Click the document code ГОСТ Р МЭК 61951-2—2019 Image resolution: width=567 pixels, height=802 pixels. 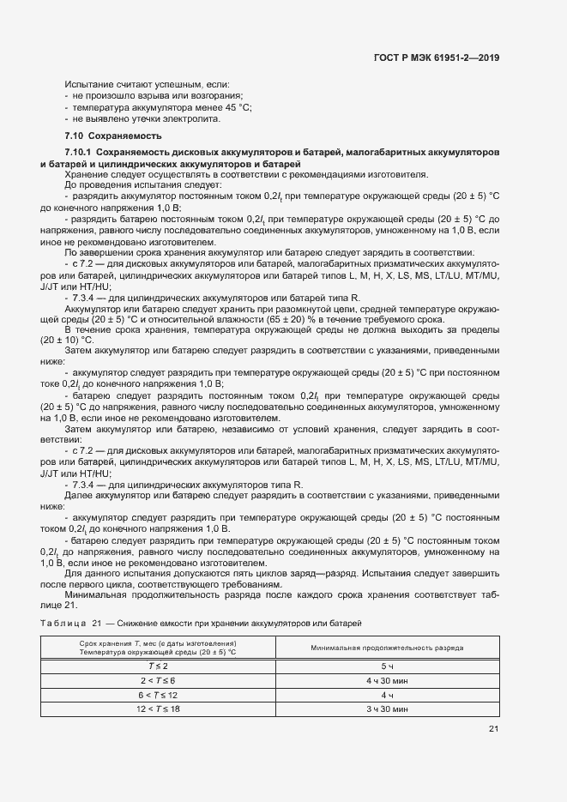[x=437, y=57]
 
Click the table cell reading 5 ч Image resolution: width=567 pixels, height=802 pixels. [x=387, y=666]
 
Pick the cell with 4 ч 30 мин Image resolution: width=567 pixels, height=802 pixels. [x=387, y=680]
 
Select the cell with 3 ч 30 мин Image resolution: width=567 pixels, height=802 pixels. [x=387, y=709]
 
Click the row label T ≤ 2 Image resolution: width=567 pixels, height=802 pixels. [x=159, y=666]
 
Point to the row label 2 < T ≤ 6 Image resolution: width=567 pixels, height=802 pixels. [x=159, y=680]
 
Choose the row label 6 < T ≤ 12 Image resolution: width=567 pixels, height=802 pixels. [x=159, y=695]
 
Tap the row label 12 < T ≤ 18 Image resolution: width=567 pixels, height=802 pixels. [x=159, y=709]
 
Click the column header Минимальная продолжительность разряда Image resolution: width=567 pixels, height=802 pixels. [x=387, y=648]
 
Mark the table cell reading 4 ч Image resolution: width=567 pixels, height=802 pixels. [x=387, y=695]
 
